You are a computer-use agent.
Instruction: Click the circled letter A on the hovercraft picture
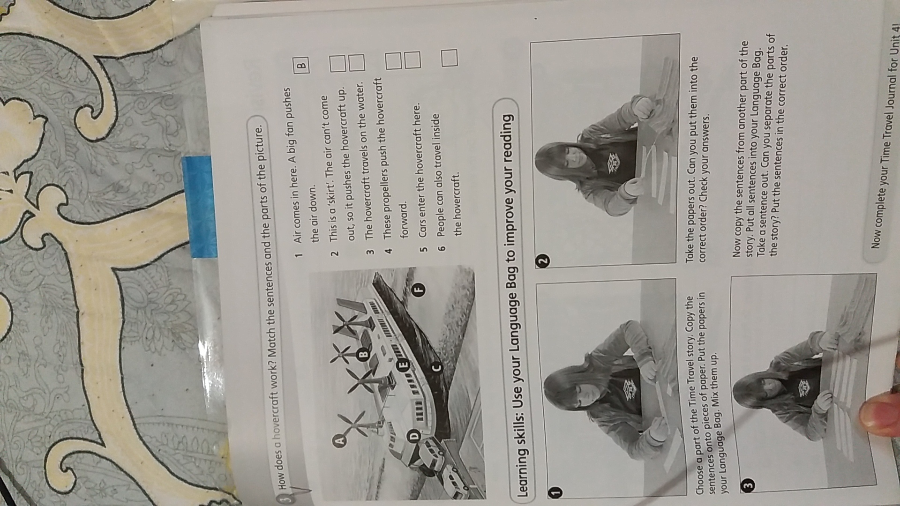(x=341, y=440)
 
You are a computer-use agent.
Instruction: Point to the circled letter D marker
(x=414, y=436)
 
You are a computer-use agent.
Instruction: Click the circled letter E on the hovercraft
(x=403, y=365)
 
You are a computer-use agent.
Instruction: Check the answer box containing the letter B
(x=301, y=63)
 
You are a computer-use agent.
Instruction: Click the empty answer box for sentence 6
(x=449, y=57)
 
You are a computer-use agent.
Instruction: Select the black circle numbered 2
(x=542, y=260)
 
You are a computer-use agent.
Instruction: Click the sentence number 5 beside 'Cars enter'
(x=423, y=249)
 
